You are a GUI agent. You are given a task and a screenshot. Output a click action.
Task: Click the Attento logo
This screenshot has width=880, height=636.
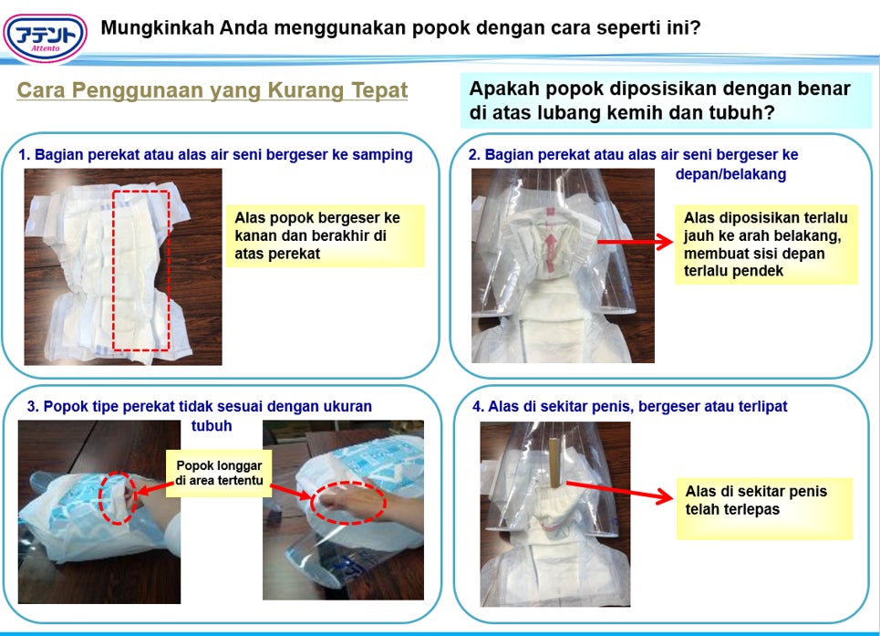coord(45,37)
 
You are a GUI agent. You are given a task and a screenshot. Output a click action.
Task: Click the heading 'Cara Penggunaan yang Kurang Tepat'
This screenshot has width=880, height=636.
coord(212,90)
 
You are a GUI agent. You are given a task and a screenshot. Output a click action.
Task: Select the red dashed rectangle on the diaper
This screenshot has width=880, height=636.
coord(140,271)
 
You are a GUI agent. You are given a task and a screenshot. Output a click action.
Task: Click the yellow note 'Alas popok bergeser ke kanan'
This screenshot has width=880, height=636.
coord(325,235)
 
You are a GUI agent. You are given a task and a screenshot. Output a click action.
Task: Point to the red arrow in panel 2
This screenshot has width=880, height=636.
coord(636,242)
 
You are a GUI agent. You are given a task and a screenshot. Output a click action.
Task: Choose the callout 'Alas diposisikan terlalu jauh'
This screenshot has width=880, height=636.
coord(766,245)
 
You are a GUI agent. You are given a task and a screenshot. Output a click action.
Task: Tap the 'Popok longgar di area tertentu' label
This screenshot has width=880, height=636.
coord(219,473)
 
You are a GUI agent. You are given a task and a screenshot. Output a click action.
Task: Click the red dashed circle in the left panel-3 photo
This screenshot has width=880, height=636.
coord(118,498)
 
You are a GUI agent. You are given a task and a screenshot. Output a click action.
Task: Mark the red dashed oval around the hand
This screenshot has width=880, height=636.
coord(348,503)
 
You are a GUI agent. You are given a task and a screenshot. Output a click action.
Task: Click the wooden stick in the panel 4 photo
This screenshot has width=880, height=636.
coord(554,463)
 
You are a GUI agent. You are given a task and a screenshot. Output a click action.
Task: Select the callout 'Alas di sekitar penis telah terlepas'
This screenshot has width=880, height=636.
coord(764,508)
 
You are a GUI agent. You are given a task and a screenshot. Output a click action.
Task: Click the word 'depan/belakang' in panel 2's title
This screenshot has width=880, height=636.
coord(730,174)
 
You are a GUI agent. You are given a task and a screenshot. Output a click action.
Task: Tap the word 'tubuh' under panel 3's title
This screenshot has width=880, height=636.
coord(212,425)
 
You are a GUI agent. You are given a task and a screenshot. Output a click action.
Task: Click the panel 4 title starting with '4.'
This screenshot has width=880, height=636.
coord(630,406)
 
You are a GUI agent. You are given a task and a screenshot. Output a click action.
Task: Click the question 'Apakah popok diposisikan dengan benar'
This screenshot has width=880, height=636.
coord(660,89)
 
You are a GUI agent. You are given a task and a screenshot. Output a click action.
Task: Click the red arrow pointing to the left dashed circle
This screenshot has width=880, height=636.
coord(152,488)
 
